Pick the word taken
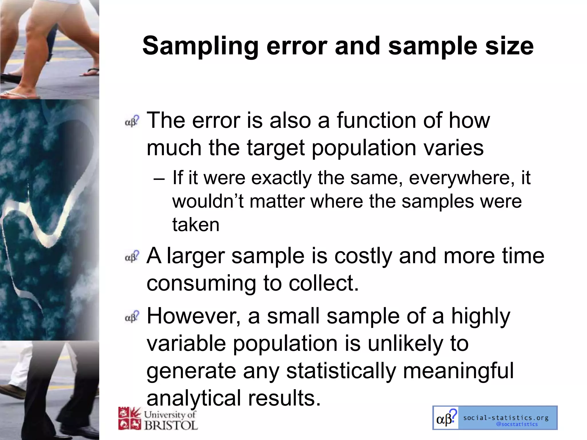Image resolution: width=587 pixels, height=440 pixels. [196, 224]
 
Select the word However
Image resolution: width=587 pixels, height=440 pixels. [194, 316]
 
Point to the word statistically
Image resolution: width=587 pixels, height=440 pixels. [341, 371]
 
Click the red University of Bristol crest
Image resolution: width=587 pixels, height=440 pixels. [130, 419]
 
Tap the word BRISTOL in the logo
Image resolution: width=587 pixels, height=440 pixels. [171, 425]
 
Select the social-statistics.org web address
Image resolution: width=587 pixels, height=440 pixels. [506, 418]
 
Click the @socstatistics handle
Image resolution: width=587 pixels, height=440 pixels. [517, 424]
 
